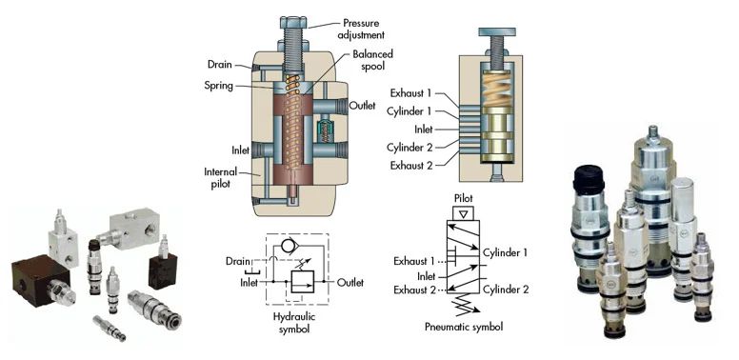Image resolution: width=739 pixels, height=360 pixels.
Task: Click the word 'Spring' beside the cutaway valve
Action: point(223,85)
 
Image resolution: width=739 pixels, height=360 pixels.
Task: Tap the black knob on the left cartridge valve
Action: point(587,178)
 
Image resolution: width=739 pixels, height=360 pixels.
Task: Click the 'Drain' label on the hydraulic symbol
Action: point(238,259)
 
